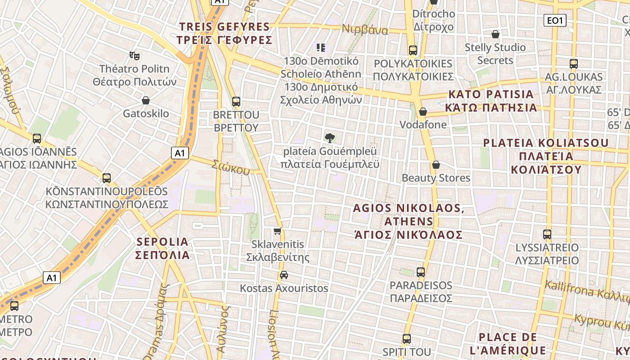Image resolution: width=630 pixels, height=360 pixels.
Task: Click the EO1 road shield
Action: pyautogui.click(x=554, y=20)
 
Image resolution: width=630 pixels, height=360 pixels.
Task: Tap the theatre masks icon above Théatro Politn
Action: pyautogui.click(x=134, y=55)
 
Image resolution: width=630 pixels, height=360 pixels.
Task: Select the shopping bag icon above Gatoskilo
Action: pyautogui.click(x=145, y=100)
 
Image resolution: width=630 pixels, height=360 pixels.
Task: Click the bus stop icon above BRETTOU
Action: pyautogui.click(x=236, y=102)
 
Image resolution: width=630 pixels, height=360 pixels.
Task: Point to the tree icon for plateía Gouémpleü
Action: pyautogui.click(x=330, y=138)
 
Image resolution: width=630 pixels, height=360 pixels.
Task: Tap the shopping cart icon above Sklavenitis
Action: pyautogui.click(x=278, y=231)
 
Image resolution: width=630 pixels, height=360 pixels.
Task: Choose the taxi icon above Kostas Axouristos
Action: pyautogui.click(x=284, y=274)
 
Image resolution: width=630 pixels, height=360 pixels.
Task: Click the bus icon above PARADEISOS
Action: pyautogui.click(x=420, y=272)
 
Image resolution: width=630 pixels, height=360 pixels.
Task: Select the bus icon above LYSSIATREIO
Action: pyautogui.click(x=547, y=234)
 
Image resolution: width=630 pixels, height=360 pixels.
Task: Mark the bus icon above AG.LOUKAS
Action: pyautogui.click(x=573, y=63)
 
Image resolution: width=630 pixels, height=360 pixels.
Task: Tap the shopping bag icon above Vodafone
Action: pyautogui.click(x=423, y=111)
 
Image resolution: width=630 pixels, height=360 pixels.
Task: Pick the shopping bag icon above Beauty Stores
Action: pyautogui.click(x=436, y=165)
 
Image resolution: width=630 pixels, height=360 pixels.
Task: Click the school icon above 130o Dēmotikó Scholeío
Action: pyautogui.click(x=321, y=47)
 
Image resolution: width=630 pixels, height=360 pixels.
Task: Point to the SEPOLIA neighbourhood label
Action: pyautogui.click(x=163, y=248)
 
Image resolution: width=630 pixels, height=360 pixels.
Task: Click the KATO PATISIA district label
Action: pyautogui.click(x=491, y=101)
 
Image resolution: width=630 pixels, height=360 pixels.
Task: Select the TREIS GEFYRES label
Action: pyautogui.click(x=225, y=33)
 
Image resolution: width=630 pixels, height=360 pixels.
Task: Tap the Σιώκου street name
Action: pyautogui.click(x=231, y=167)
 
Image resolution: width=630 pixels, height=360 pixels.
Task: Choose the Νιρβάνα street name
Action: pyautogui.click(x=365, y=30)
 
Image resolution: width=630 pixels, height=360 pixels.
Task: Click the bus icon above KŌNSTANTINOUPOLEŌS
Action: pyautogui.click(x=106, y=178)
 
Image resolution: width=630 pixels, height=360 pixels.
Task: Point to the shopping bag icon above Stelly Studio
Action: pyautogui.click(x=495, y=34)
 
